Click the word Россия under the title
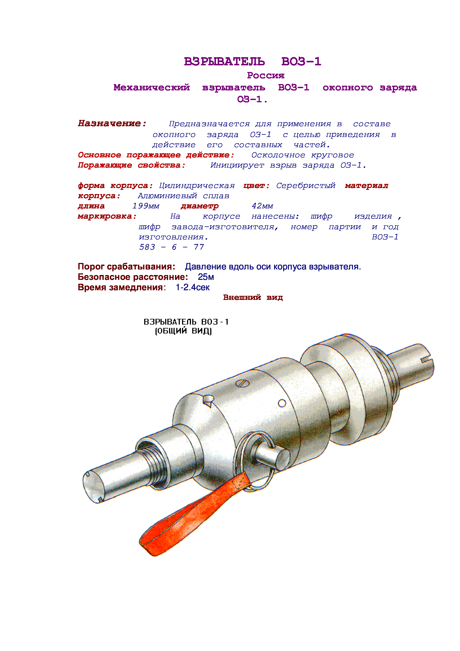266,75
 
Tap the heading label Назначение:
112,123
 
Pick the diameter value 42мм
262,206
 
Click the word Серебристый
306,186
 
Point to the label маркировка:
107,216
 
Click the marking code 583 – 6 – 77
171,247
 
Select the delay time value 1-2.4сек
193,287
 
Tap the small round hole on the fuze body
282,403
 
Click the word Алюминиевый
167,196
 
